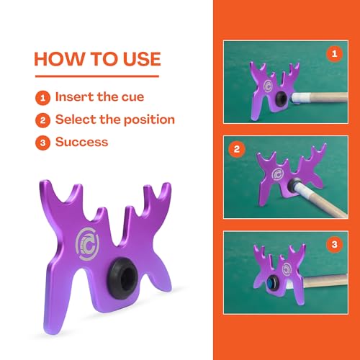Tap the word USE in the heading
tap(142, 59)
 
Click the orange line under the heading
tap(97, 76)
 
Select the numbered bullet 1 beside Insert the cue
tap(42, 98)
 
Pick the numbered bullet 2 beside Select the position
tap(42, 120)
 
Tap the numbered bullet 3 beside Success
tap(42, 143)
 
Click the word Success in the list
tap(82, 142)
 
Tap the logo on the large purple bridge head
tap(87, 244)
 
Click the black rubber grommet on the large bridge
tap(122, 279)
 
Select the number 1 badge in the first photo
tap(334, 54)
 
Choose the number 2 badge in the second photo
tap(237, 149)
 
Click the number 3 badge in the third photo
tap(334, 245)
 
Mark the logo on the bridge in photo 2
tap(278, 174)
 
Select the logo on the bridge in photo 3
tap(287, 269)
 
